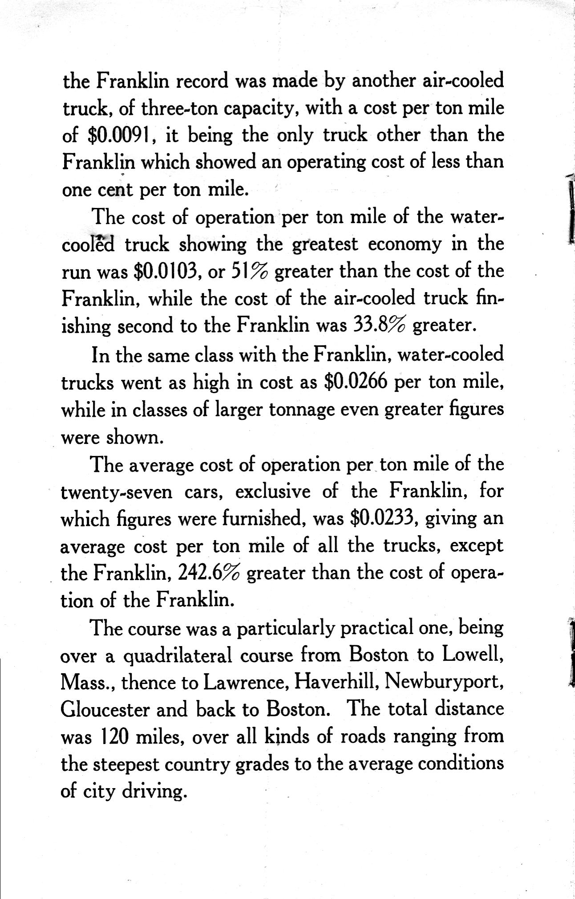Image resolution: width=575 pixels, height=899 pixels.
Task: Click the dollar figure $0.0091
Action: click(x=120, y=136)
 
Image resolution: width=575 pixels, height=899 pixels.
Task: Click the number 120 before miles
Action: click(x=113, y=737)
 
